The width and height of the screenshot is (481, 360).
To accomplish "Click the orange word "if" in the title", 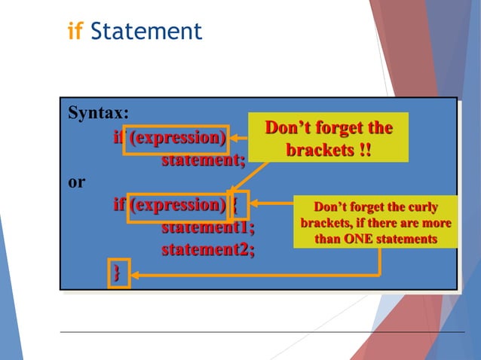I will (x=75, y=32).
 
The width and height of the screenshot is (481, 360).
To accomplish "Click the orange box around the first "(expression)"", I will (x=176, y=139).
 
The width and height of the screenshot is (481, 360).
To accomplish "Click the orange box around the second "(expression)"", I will (x=177, y=205).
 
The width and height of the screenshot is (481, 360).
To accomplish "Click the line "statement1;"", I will (x=208, y=227).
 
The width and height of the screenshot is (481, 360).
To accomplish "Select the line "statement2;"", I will (x=208, y=249).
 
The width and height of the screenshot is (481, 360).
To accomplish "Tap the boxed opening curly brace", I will (x=234, y=205).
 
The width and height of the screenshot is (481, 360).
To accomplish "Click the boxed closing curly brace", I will (x=118, y=272).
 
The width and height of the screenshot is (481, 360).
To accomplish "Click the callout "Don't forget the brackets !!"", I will (x=328, y=137).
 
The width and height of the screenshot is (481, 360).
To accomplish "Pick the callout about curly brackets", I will (x=375, y=223).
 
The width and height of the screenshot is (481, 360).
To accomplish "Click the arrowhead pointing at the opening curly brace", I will (x=251, y=203).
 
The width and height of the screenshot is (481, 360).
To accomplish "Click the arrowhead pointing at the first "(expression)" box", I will (x=234, y=138).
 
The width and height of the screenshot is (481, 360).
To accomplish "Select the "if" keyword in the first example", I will (x=118, y=139).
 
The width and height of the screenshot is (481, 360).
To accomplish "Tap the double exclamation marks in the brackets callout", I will (x=365, y=150).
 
